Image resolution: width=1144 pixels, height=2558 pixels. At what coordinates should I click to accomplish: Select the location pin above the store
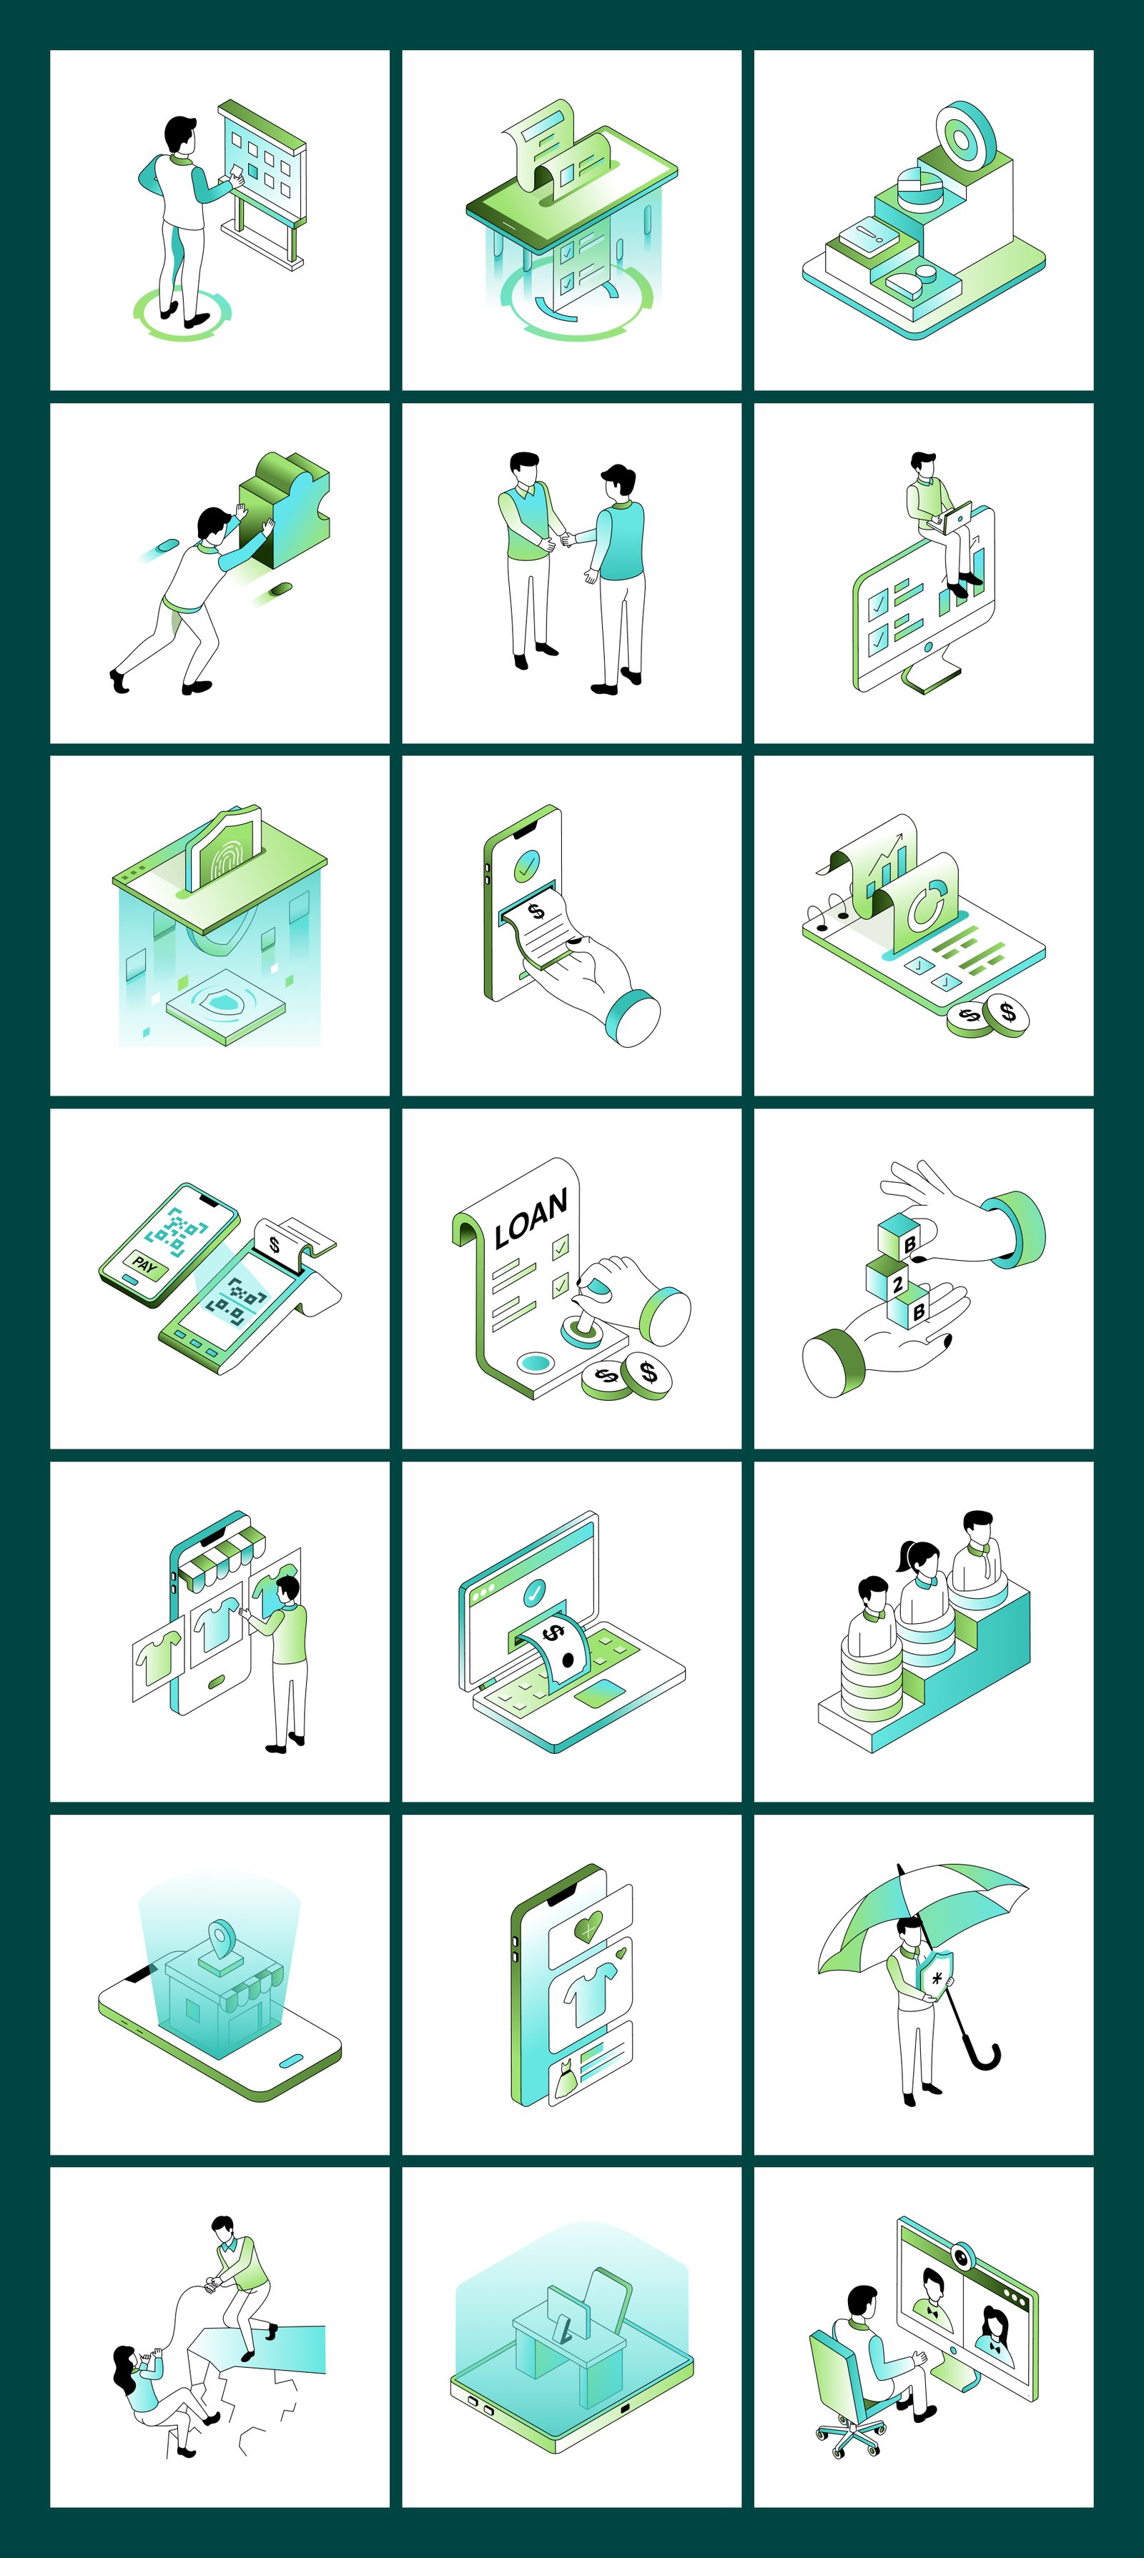222,1934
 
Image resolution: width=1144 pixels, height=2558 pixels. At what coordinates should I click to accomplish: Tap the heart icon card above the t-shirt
590,1928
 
